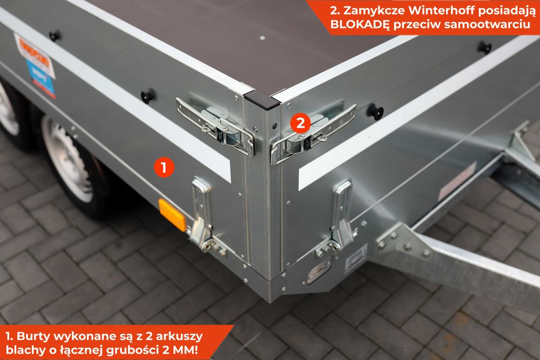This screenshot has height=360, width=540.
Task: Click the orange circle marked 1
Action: pyautogui.click(x=164, y=167)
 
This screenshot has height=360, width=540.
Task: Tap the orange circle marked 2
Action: pyautogui.click(x=300, y=123)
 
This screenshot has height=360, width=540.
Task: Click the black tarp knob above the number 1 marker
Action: pyautogui.click(x=147, y=96)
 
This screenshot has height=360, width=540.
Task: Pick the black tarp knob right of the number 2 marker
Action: pyautogui.click(x=375, y=112)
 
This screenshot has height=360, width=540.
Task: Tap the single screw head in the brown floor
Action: pyautogui.click(x=262, y=38)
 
